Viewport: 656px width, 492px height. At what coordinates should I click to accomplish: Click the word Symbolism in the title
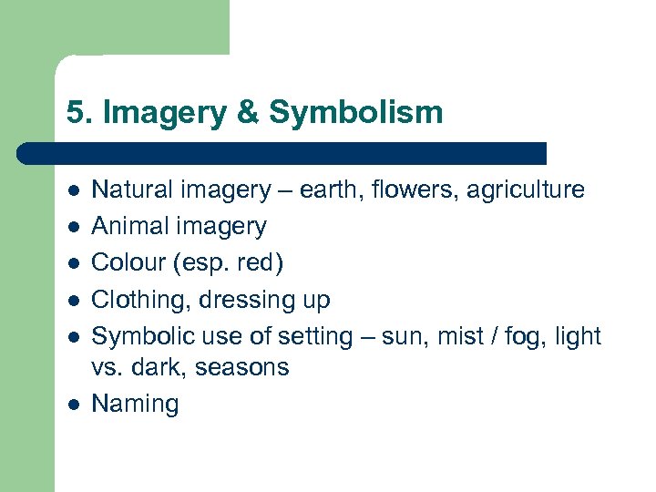pos(356,113)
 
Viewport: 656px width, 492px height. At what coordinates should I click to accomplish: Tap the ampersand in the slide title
pos(248,113)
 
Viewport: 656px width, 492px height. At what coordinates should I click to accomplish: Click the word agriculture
pos(529,190)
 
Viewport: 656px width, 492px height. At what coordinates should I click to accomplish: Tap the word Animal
pos(129,226)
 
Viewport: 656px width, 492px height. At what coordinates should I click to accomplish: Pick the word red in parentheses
pos(259,262)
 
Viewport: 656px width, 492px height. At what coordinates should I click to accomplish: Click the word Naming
pos(136,405)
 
